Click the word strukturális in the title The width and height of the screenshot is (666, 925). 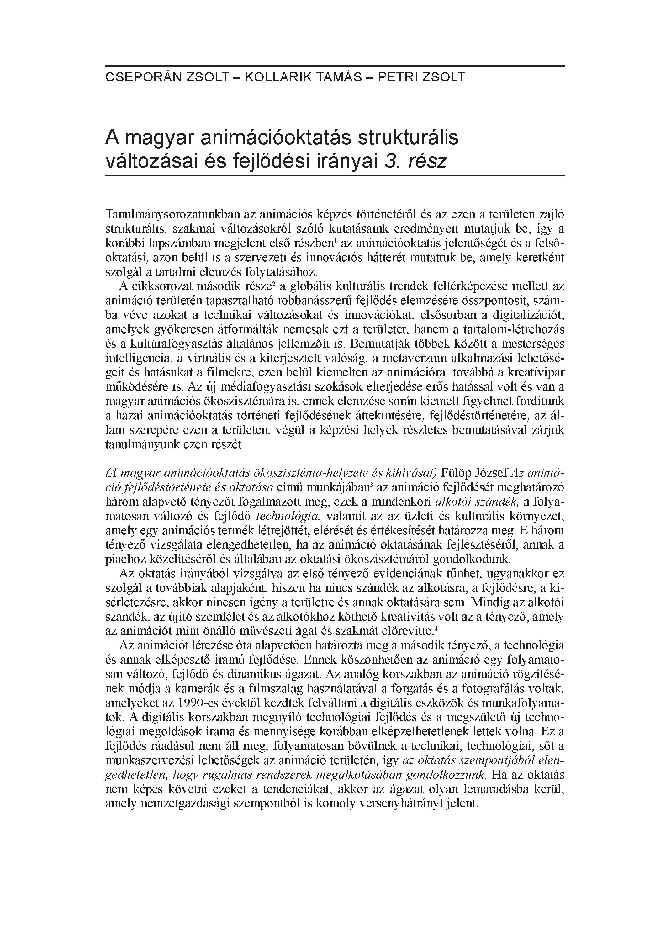[x=408, y=138]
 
